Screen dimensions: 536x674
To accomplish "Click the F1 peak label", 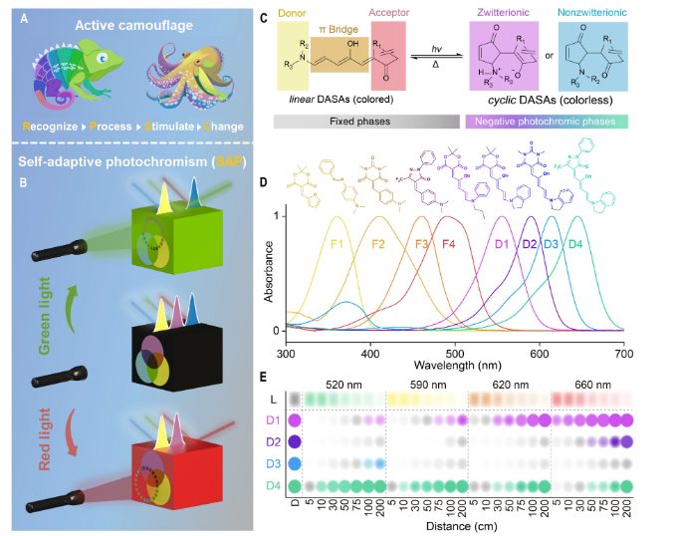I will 337,243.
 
